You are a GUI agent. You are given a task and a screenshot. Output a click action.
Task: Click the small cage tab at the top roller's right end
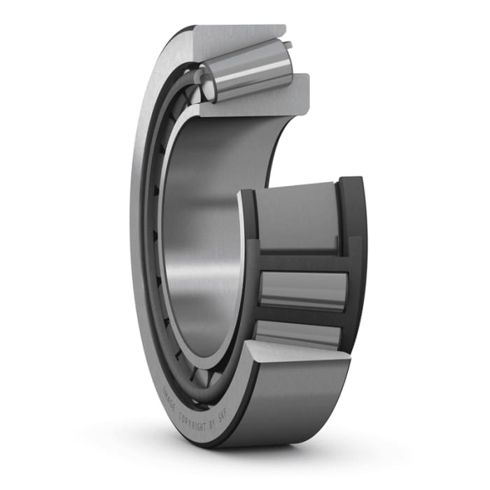(x=287, y=46)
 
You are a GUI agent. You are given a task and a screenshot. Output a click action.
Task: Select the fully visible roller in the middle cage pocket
(x=302, y=289)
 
